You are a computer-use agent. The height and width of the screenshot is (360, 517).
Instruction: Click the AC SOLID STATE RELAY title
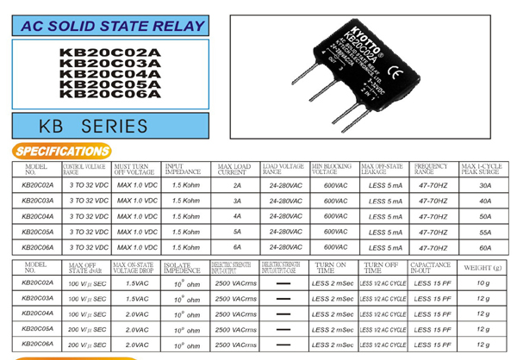coord(108,27)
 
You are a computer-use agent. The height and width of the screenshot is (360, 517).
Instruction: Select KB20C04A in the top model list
coord(109,73)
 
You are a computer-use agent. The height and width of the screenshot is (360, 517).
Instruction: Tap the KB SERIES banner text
coord(93,127)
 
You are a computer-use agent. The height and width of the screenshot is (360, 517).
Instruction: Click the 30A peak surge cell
coord(485,184)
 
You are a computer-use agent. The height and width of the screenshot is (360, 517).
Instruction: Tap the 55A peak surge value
coord(485,231)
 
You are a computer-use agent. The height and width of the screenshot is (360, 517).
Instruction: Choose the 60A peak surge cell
coord(485,246)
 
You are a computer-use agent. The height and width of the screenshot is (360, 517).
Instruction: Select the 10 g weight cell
coord(483,282)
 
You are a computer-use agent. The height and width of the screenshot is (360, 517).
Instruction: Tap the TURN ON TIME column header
coord(331,267)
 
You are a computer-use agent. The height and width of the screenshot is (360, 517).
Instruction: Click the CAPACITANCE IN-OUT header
coord(430,267)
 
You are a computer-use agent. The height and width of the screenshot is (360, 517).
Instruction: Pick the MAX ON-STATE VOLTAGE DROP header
coord(135,267)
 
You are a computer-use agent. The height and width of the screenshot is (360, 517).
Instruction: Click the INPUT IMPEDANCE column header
coord(182,168)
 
